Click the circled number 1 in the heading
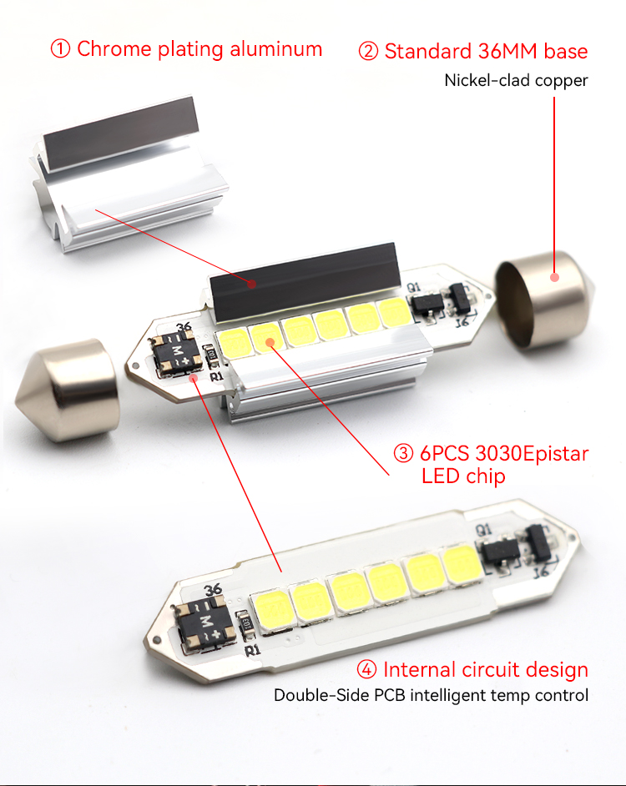click(x=60, y=49)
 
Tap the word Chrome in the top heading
click(x=114, y=49)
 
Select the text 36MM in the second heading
click(x=507, y=51)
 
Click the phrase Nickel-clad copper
click(x=516, y=80)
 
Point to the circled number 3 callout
click(x=403, y=453)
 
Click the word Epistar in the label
click(x=556, y=454)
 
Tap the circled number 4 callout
click(x=366, y=669)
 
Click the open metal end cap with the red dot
click(x=545, y=300)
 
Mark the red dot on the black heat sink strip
click(x=252, y=285)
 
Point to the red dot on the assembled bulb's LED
click(x=270, y=342)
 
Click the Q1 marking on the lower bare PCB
click(x=483, y=530)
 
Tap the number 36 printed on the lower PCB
click(x=213, y=589)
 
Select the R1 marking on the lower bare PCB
click(x=253, y=650)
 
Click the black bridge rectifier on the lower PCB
click(x=205, y=625)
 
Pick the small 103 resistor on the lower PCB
click(x=245, y=625)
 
